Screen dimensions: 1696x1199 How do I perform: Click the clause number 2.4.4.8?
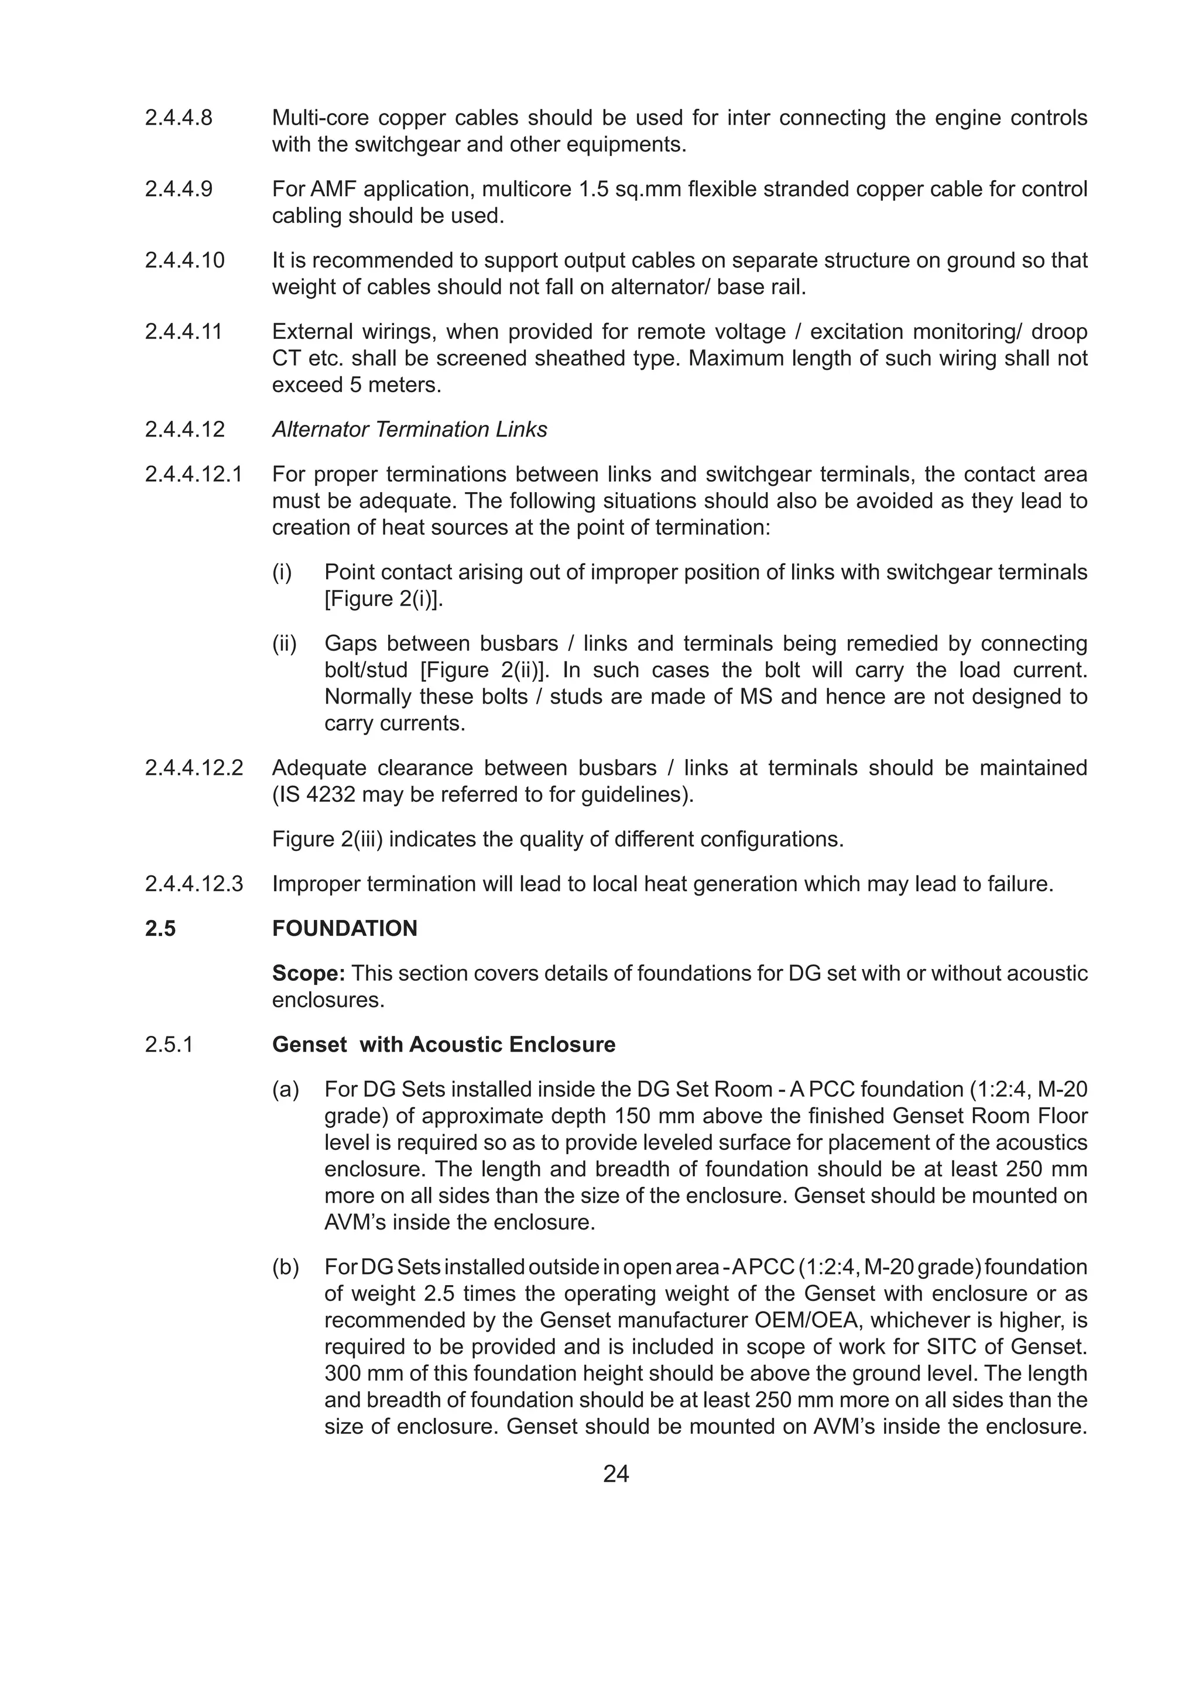[178, 118]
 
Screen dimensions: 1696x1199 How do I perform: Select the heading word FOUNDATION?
[344, 929]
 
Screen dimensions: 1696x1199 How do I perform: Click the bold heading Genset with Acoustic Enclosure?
[443, 1045]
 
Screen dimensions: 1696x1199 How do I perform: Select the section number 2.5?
[160, 929]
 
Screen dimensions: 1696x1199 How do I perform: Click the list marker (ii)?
[284, 643]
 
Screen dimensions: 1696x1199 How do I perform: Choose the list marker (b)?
[285, 1267]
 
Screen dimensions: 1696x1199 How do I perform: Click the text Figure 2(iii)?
[327, 839]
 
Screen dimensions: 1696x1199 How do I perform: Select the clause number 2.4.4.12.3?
[194, 884]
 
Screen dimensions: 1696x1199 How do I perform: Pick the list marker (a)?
[285, 1090]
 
